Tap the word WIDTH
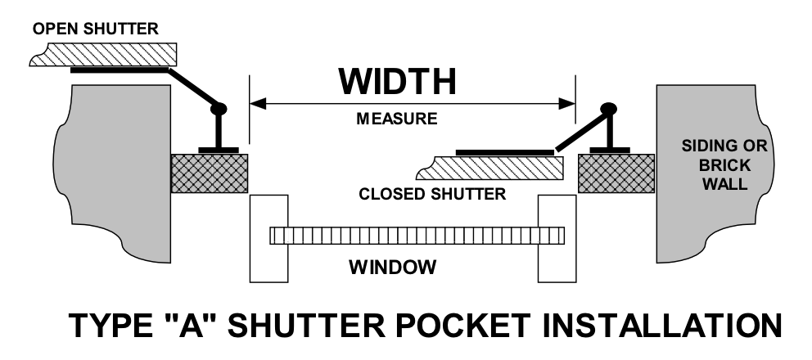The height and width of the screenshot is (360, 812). pos(398,82)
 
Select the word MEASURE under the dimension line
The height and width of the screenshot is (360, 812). pos(397,119)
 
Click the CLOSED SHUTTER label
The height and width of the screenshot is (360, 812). pos(432,196)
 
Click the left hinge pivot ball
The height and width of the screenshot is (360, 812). pos(219,107)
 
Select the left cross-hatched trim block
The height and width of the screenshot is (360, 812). pos(210,173)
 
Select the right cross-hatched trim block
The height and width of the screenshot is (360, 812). pos(616,173)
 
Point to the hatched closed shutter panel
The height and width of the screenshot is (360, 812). pos(491,169)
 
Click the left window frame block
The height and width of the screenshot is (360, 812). pos(268,236)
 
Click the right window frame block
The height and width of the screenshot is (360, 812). pos(557,236)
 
